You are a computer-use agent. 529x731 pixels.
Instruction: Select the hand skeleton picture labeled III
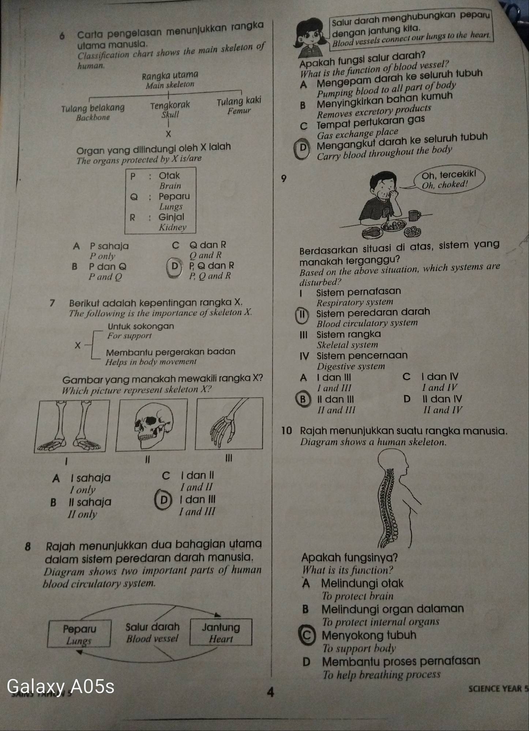[x=229, y=423]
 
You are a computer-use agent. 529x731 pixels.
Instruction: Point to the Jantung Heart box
[x=221, y=633]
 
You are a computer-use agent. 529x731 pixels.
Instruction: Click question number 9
[x=282, y=179]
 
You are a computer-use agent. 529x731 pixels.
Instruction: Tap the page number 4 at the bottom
[x=270, y=692]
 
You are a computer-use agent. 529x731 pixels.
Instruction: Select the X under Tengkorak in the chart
[x=168, y=134]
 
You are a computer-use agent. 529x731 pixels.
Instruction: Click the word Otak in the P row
[x=169, y=176]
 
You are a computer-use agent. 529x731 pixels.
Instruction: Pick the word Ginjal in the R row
[x=171, y=217]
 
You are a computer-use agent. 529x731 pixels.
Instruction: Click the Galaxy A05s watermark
[x=61, y=686]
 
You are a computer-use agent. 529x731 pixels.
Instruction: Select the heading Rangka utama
[x=170, y=75]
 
